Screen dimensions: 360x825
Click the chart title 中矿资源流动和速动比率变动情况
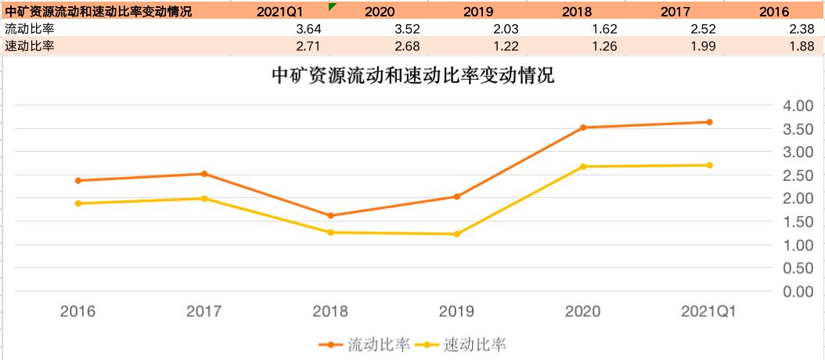[x=412, y=77]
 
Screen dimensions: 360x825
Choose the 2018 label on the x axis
[x=330, y=311]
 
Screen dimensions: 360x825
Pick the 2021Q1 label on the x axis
[x=708, y=311]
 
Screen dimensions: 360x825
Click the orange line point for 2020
[x=583, y=128]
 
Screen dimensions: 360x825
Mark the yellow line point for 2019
[x=456, y=234]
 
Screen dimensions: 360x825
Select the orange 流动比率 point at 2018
[x=330, y=216]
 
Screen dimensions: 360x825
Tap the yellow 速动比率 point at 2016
[x=77, y=203]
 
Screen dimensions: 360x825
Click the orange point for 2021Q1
[x=709, y=122]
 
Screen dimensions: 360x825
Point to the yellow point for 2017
[x=204, y=199]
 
